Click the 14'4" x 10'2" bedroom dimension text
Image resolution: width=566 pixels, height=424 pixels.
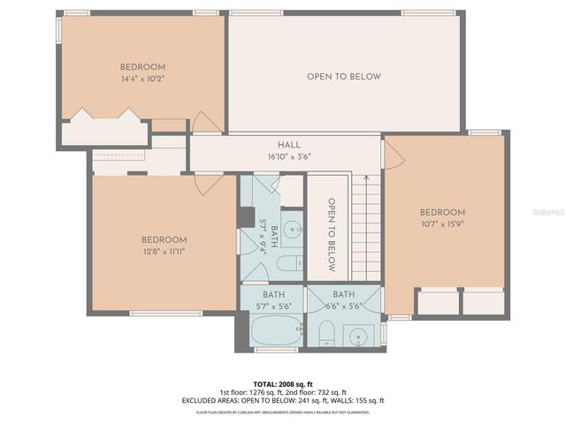[x=143, y=79]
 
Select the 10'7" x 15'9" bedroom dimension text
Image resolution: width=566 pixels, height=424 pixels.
[x=442, y=223]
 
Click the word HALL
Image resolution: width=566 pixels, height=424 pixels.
[x=289, y=145]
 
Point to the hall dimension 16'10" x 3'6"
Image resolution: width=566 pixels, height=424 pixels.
[x=289, y=156]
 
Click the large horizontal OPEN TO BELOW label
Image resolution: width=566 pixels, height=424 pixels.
[x=344, y=77]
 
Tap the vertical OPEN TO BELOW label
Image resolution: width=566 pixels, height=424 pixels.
[x=333, y=234]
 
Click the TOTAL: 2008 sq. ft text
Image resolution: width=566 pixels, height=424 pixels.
[x=283, y=384]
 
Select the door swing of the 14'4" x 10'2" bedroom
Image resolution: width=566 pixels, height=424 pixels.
[x=205, y=124]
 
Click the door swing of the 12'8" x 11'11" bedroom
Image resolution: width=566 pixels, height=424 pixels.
[x=208, y=184]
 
